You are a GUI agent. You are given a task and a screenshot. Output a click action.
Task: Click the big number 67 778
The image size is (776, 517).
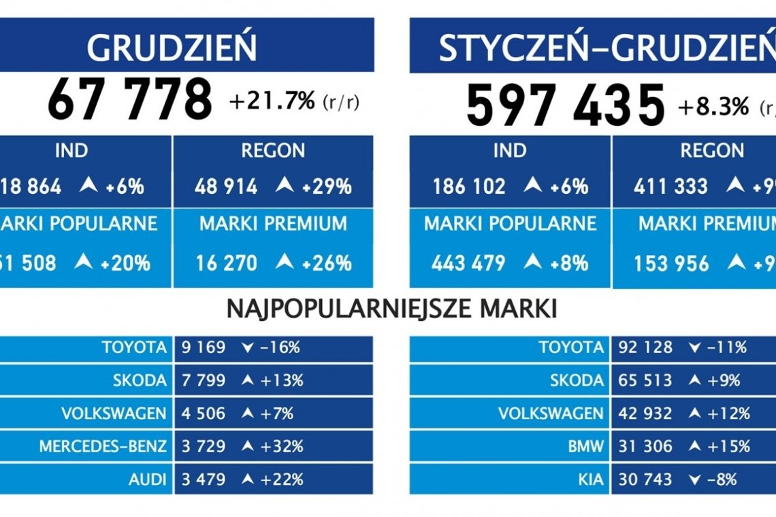129,101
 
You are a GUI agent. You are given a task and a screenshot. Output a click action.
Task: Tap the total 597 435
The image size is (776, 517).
565,105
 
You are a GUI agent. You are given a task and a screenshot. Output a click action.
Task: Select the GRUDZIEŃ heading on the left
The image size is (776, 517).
172,48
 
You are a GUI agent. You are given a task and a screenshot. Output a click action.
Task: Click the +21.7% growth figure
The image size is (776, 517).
272,102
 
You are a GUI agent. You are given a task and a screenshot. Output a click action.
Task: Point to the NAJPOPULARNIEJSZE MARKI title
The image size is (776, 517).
391,310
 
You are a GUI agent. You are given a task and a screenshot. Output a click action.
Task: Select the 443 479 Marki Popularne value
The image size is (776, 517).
469,263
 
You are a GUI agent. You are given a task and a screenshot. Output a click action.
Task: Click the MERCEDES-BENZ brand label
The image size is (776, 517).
102,447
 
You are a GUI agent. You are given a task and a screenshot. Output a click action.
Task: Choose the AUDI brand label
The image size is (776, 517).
147,480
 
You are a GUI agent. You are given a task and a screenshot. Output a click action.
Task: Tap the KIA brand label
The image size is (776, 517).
592,480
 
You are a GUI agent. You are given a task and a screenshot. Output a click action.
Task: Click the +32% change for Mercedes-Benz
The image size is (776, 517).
281,447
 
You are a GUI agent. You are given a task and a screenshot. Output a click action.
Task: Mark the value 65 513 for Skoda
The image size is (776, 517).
645,381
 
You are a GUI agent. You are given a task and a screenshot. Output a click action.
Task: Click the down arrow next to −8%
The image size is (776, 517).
694,480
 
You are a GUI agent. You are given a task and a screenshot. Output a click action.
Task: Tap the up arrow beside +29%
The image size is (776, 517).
286,186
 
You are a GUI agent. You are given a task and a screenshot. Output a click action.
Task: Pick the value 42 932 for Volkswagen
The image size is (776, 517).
645,414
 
